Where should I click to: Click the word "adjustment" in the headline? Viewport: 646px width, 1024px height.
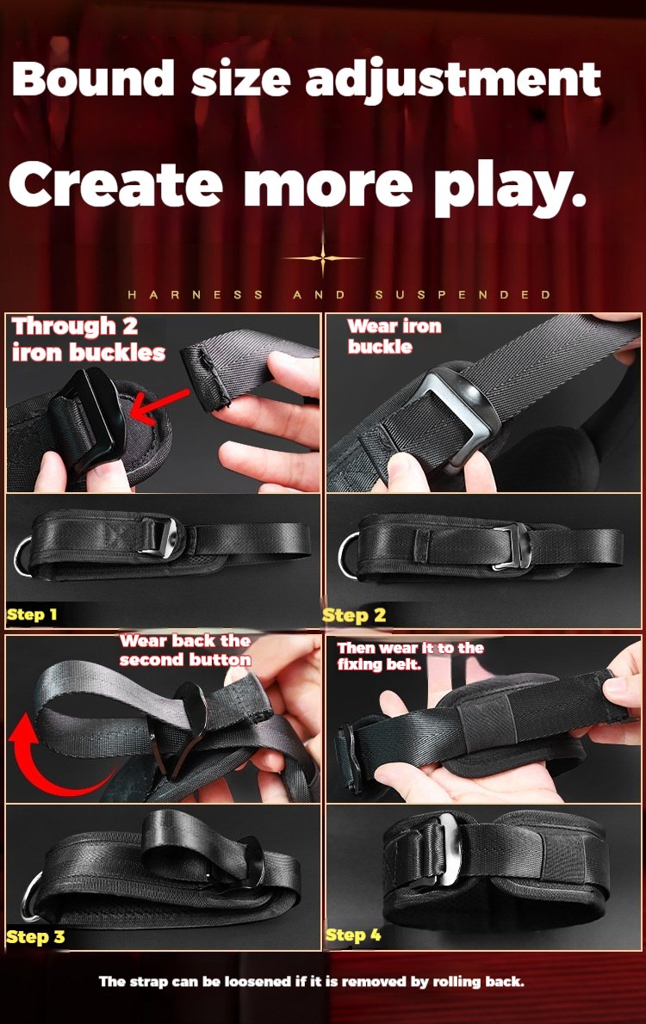[452, 81]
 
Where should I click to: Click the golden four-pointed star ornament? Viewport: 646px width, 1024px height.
[322, 258]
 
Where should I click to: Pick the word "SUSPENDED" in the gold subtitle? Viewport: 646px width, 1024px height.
[463, 294]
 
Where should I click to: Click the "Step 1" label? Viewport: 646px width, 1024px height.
[32, 614]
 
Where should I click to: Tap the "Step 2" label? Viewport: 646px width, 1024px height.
[354, 615]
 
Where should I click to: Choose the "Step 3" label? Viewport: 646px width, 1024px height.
[36, 937]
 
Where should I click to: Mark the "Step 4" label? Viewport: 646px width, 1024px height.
[353, 935]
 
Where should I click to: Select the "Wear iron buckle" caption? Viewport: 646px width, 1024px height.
[394, 336]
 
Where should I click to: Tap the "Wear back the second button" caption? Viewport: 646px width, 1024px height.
[186, 651]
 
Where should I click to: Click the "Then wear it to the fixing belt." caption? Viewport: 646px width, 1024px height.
[410, 657]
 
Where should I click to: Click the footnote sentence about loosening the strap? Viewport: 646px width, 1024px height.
[311, 982]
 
